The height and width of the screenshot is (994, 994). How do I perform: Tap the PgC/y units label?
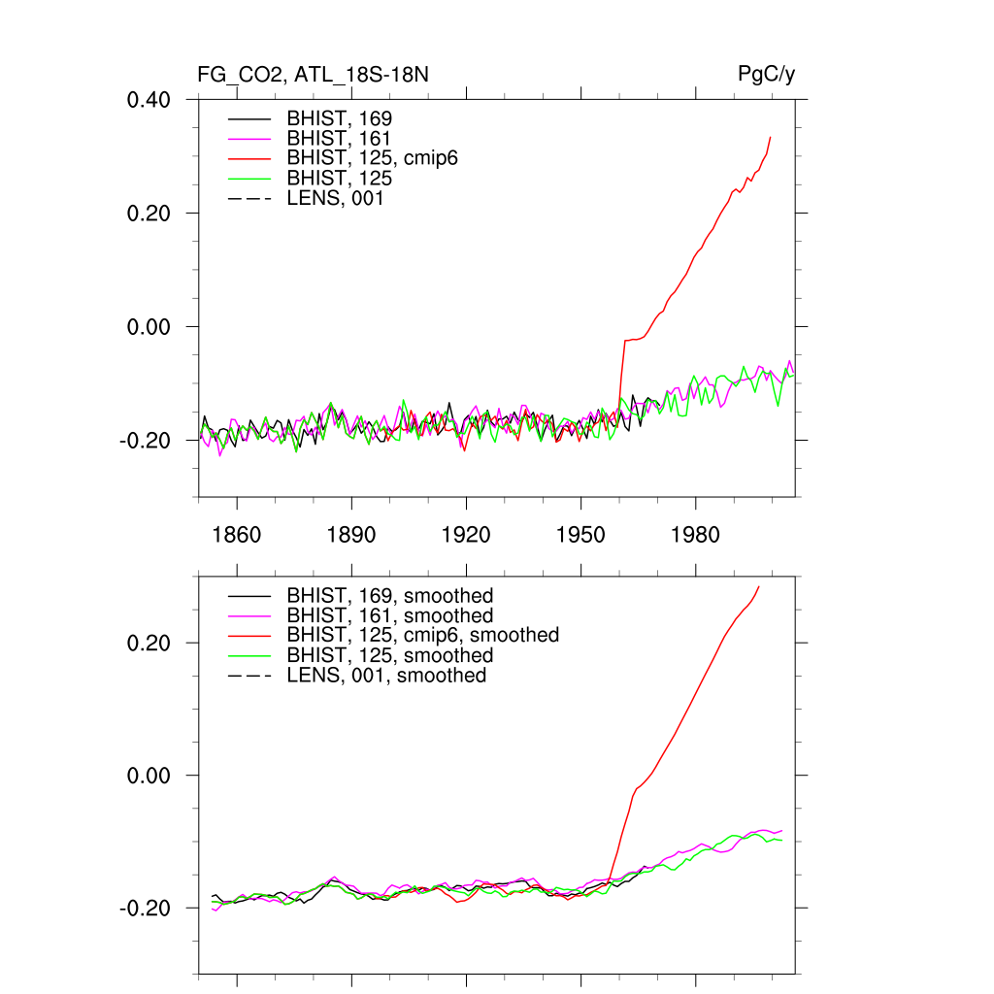[767, 75]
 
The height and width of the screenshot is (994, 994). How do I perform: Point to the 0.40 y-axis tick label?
[149, 99]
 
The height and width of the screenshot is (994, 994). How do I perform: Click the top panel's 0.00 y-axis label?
[149, 326]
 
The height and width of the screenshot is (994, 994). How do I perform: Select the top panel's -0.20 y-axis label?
[147, 440]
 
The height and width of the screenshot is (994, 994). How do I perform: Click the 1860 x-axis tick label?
[237, 535]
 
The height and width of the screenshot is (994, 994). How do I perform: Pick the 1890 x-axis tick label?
[351, 535]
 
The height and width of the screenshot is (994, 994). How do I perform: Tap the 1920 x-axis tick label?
[466, 535]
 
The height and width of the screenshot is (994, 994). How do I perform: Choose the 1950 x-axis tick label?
[580, 535]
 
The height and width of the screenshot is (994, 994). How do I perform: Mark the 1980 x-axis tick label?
[695, 535]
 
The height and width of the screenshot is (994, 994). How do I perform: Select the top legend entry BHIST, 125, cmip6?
[372, 158]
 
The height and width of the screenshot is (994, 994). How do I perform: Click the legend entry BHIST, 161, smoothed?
[389, 615]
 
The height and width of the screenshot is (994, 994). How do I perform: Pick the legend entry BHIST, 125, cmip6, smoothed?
[422, 635]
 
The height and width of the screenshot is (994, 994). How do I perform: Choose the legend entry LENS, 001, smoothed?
[386, 676]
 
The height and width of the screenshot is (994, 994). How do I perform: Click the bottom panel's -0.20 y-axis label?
[147, 908]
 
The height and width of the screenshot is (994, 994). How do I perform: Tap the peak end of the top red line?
[771, 137]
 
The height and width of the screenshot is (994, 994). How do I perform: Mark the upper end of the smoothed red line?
[759, 586]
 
